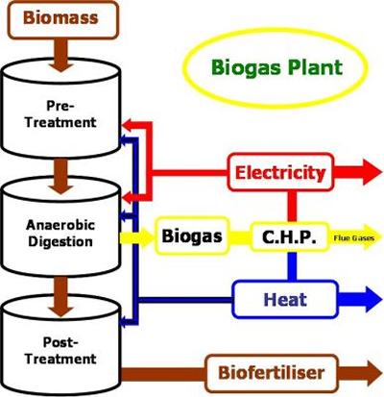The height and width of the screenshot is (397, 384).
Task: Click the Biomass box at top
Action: click(x=60, y=18)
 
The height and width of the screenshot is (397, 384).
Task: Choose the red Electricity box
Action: click(x=280, y=173)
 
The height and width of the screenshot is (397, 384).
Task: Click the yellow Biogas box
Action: click(x=192, y=235)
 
